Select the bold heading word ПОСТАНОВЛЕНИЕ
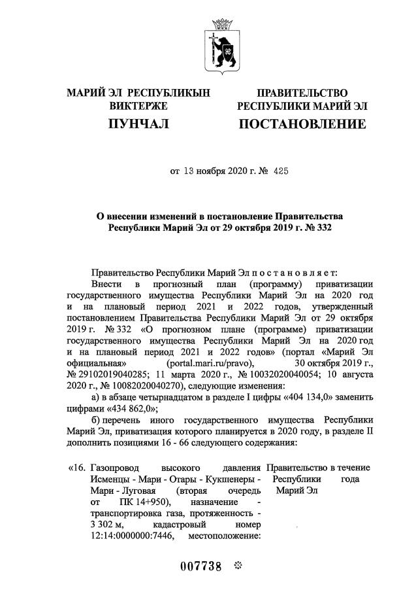pos(302,124)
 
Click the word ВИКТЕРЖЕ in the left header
pos(138,105)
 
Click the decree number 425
pos(279,172)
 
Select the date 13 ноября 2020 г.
pos(213,172)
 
